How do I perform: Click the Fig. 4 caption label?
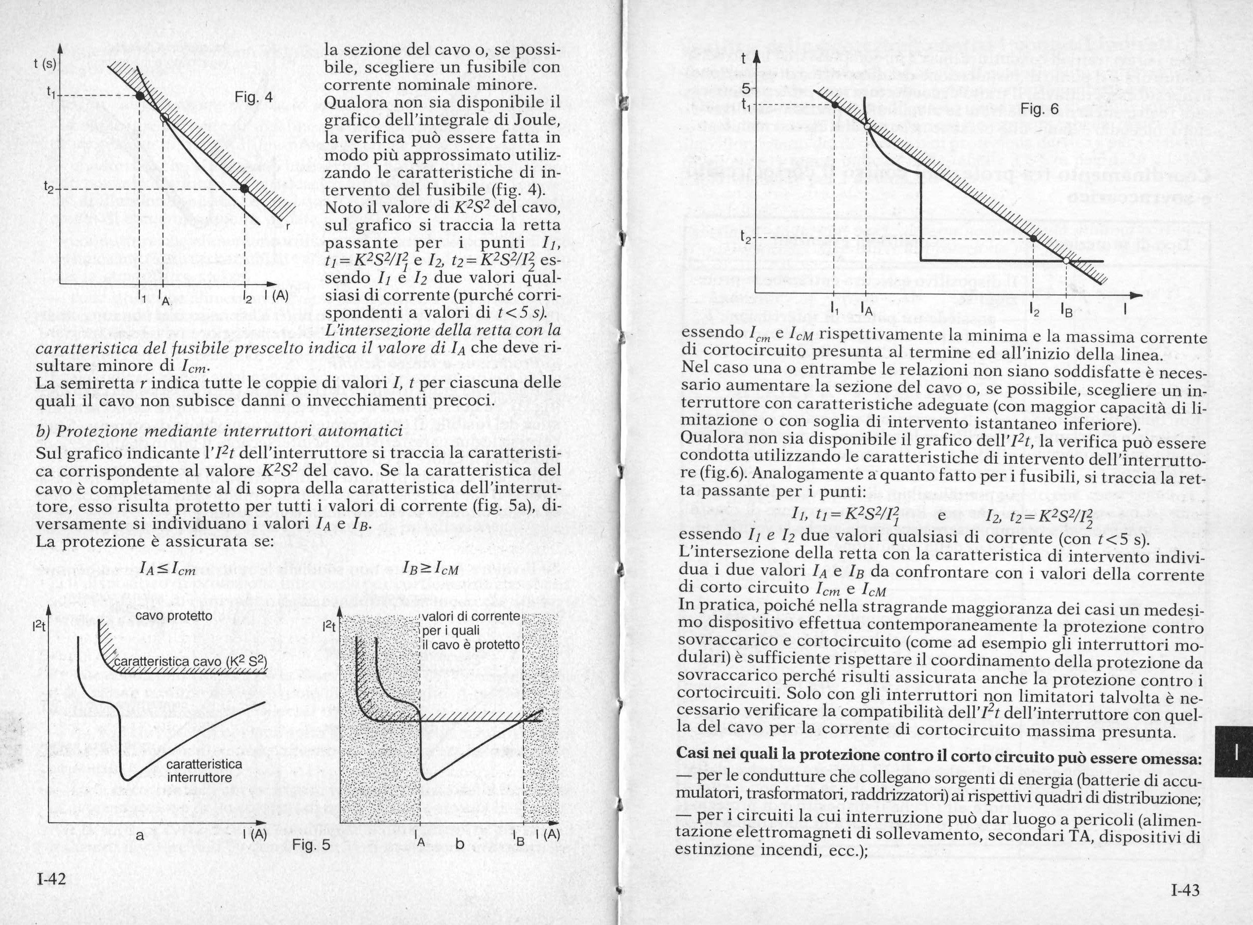pos(254,97)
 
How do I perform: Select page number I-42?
pos(51,879)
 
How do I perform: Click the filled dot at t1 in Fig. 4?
pos(139,96)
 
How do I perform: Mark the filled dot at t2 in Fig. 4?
pos(244,189)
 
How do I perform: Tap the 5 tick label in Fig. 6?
pos(745,88)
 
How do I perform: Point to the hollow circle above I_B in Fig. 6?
pos(1067,260)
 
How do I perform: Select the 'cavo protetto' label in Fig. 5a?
pos(174,616)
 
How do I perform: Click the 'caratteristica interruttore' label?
pos(204,771)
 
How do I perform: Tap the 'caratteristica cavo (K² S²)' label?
pos(190,662)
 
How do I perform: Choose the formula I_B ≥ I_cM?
pos(431,569)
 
